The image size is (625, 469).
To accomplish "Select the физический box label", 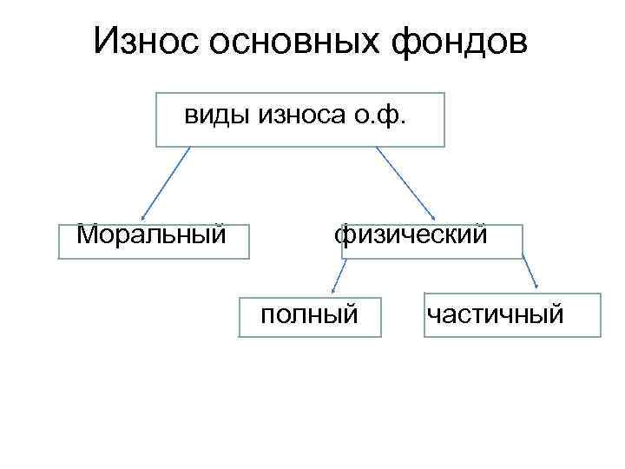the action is [411, 234].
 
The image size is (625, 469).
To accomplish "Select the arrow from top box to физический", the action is [406, 183].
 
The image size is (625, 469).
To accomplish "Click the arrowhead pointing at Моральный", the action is [143, 218].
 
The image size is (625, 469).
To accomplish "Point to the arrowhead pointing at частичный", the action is [537, 287].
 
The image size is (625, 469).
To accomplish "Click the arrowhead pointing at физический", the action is [434, 219].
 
